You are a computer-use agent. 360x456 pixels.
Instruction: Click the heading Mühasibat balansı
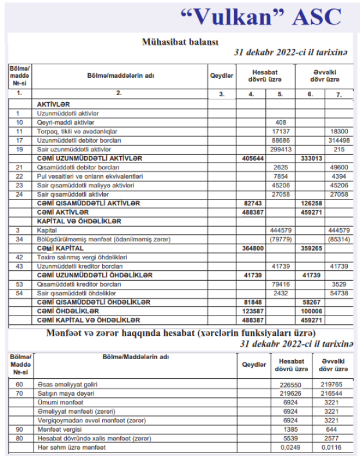point(180,42)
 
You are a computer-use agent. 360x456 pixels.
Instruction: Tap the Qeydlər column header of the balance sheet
point(221,76)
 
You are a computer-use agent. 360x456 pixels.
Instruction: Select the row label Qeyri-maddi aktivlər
point(66,122)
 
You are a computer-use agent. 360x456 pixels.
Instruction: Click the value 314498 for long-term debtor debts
point(339,140)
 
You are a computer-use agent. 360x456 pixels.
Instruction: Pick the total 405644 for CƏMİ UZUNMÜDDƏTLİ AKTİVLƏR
point(250,158)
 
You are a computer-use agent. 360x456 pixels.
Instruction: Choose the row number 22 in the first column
point(19,176)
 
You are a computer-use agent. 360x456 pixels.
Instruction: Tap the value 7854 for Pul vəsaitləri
point(281,176)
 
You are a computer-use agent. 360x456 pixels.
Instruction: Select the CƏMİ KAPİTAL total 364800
point(250,248)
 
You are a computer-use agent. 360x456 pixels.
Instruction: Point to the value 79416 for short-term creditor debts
point(281,284)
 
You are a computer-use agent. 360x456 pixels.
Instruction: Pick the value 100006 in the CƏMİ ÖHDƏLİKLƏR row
point(309,311)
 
